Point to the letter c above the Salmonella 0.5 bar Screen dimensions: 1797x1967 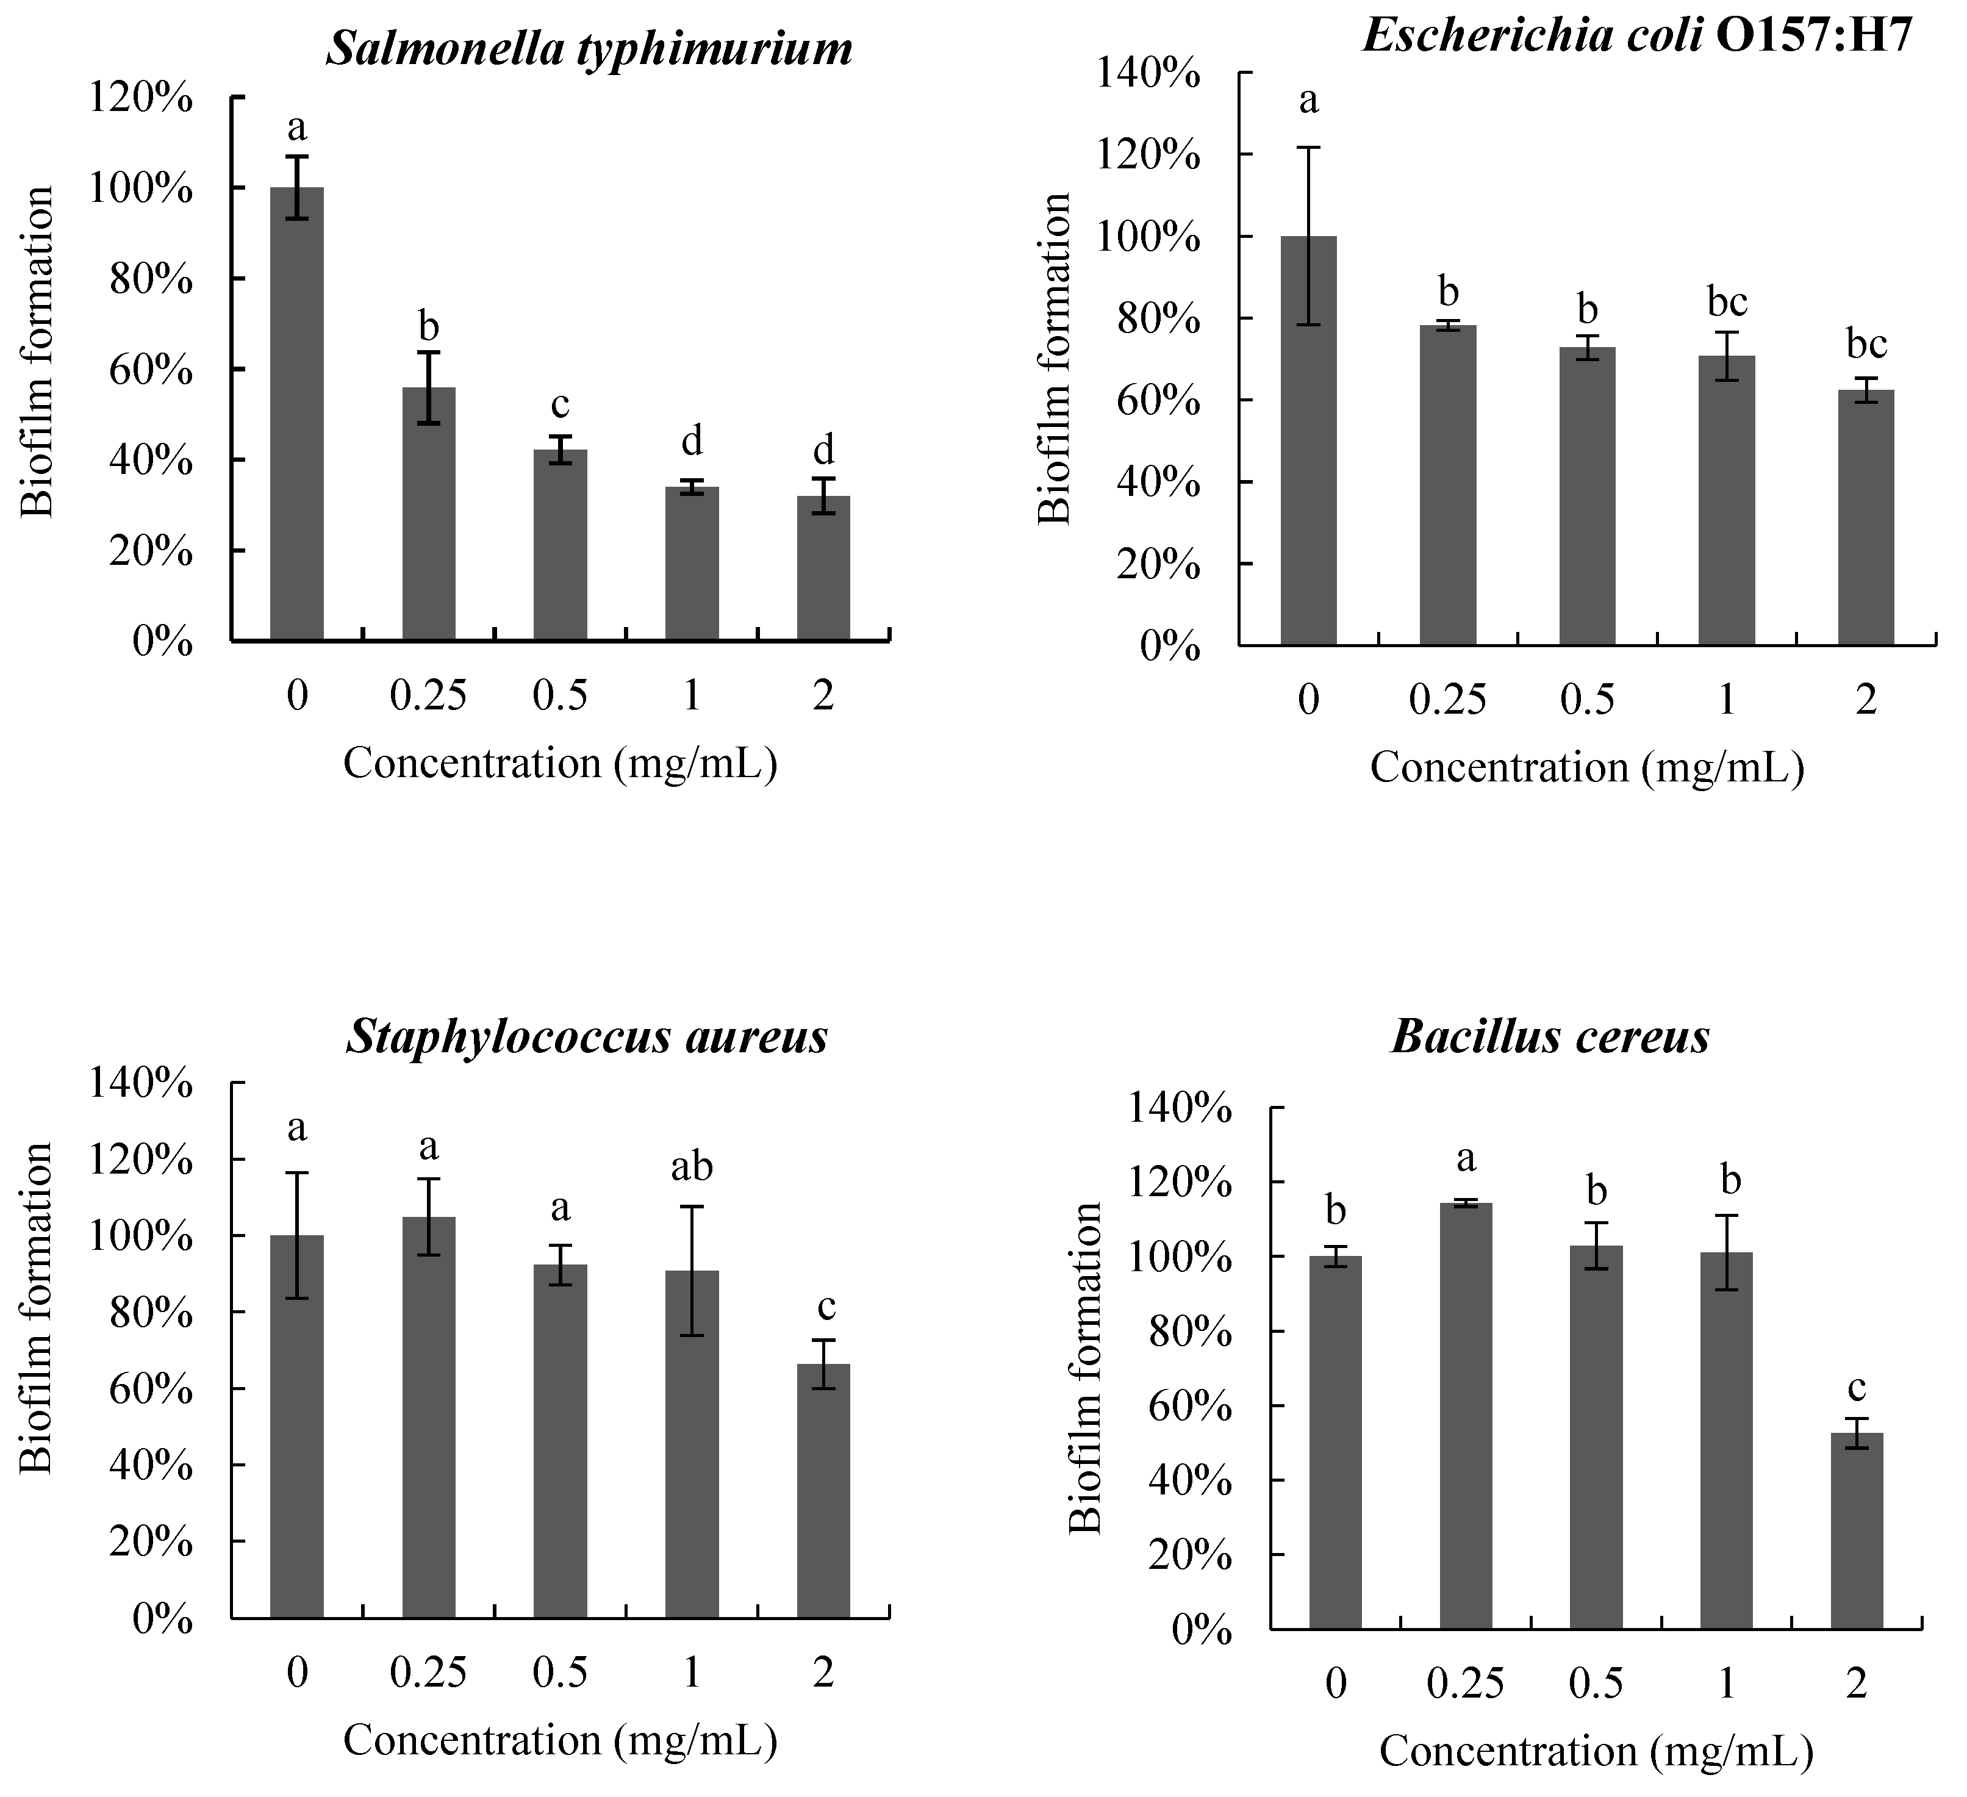point(560,403)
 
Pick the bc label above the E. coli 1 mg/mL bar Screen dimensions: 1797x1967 point(1726,303)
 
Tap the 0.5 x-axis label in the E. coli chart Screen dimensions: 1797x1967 point(1588,700)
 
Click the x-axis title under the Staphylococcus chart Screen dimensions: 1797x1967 point(560,1740)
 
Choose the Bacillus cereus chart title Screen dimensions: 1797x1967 point(1550,1036)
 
